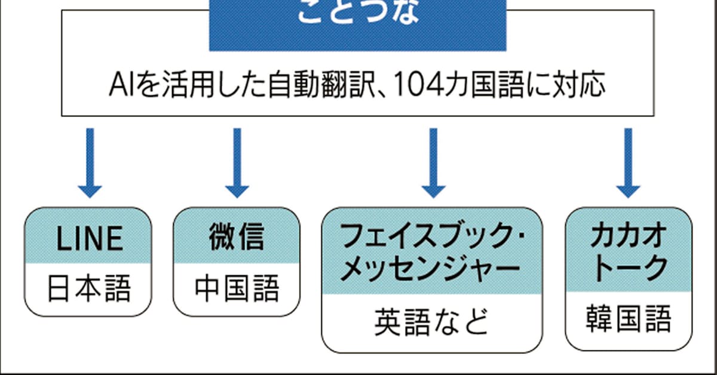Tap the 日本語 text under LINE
[x=89, y=290]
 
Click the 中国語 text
[x=237, y=290]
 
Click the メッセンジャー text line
[x=429, y=269]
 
